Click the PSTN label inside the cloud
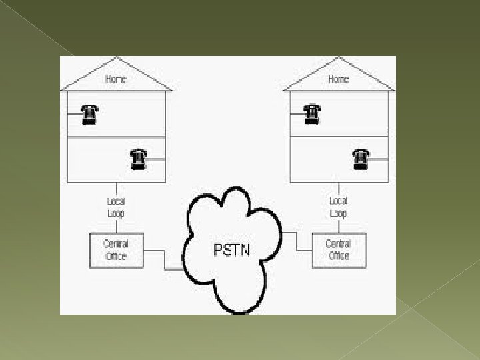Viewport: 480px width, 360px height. (231, 251)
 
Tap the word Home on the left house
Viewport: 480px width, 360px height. (116, 79)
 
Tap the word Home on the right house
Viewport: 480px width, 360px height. (339, 79)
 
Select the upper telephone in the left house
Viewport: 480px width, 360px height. (89, 115)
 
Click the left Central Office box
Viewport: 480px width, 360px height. (116, 249)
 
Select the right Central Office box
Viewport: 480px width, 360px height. (339, 249)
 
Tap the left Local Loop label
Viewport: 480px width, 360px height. (116, 207)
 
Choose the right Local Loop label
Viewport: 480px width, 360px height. (339, 207)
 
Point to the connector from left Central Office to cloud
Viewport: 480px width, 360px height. (163, 260)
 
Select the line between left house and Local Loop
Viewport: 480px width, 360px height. (117, 188)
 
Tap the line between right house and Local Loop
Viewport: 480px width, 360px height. (339, 188)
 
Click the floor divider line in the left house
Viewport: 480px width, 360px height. (116, 137)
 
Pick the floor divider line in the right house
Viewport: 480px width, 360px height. (339, 137)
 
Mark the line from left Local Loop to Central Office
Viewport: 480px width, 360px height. (117, 225)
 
